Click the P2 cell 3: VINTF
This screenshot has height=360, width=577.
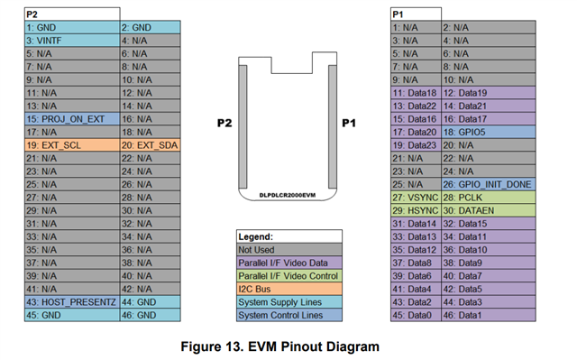(72, 41)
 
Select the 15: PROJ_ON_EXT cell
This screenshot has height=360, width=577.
(72, 119)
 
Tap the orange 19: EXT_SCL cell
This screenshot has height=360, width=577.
(72, 145)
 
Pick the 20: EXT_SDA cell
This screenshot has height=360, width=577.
(151, 145)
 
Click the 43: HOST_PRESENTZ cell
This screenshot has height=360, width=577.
(72, 302)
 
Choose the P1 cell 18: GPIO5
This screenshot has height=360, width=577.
(489, 132)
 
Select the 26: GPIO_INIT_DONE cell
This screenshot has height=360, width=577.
(489, 184)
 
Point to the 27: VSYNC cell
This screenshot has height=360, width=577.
(416, 198)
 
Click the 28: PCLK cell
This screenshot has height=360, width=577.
(489, 198)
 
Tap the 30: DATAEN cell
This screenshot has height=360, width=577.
(489, 210)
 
